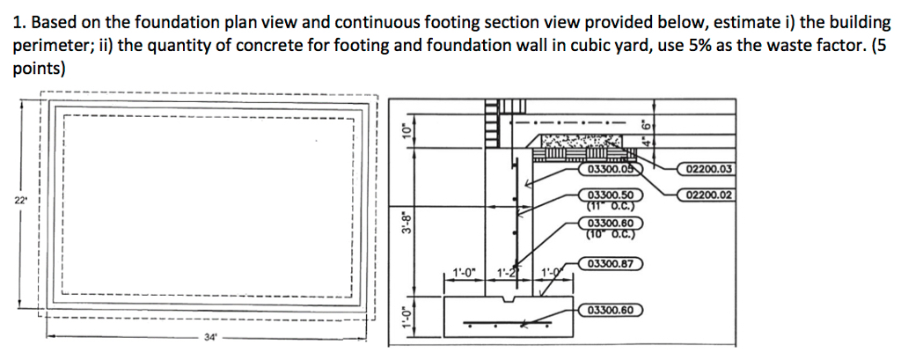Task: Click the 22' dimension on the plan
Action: click(x=19, y=201)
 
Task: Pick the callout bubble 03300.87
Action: click(x=612, y=263)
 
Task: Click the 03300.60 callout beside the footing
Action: click(x=612, y=310)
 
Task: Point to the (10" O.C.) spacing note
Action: click(x=612, y=233)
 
